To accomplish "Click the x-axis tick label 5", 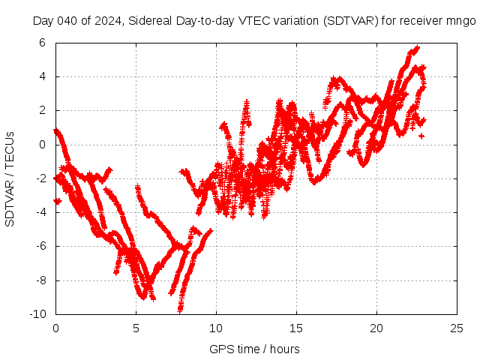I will (x=136, y=328).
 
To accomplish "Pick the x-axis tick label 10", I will (x=216, y=328).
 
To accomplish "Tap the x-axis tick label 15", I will (x=296, y=328).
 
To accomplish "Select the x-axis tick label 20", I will (x=376, y=328).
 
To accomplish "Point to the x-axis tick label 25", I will (x=457, y=328).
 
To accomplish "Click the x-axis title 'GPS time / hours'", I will (x=254, y=349).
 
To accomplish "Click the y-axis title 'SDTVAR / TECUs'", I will (x=10, y=178).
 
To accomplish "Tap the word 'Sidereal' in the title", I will (x=149, y=21).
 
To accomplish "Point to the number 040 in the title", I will (x=64, y=21).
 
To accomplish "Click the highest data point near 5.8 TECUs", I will (x=417, y=47).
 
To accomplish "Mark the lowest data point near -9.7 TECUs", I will (x=180, y=309).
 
